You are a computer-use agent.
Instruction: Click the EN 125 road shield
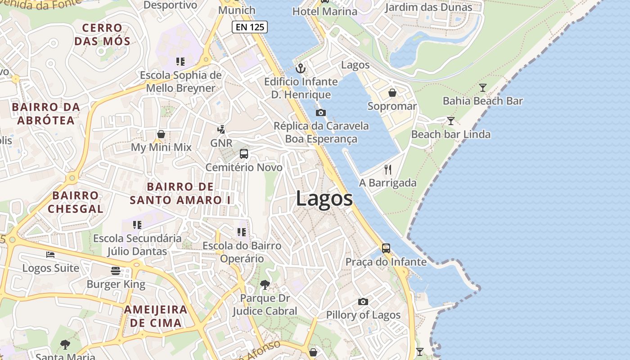250,27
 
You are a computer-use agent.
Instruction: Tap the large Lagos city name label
324,198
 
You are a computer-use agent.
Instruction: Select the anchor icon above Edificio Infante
300,69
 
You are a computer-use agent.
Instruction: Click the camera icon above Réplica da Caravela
320,112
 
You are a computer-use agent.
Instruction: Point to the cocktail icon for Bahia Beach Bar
483,88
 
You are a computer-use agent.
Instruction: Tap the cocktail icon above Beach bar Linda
450,121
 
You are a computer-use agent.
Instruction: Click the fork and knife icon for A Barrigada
388,170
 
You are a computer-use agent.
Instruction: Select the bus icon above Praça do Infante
386,248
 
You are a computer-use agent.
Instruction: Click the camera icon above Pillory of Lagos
363,301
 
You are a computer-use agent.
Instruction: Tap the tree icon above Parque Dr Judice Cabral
265,284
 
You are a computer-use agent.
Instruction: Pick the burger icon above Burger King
116,270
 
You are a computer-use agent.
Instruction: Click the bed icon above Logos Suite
50,255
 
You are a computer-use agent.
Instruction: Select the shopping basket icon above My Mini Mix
161,134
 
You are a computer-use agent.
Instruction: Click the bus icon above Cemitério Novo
244,154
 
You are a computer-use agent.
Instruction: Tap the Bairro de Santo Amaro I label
180,193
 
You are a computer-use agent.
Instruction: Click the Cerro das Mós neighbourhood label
103,35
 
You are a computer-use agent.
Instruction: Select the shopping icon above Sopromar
392,93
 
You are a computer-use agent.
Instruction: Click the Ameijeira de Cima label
156,316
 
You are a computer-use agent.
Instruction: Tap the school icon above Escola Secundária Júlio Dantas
137,225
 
